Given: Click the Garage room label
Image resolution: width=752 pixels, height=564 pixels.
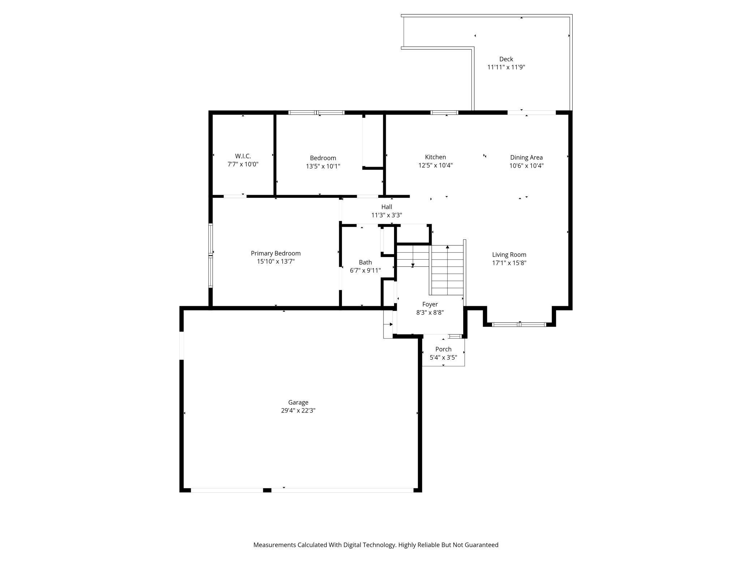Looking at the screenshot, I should [x=298, y=402].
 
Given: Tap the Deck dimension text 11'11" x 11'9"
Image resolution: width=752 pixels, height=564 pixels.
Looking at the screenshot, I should [x=506, y=67].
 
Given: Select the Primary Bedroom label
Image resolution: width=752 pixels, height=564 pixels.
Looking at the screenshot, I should [x=275, y=253].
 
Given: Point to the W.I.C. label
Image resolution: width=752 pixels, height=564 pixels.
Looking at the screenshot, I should [x=243, y=156].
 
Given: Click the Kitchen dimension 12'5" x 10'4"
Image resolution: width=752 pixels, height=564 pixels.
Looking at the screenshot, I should [x=435, y=166].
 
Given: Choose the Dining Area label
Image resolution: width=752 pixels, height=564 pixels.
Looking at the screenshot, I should [x=526, y=157].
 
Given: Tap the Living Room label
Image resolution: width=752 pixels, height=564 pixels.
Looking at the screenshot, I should [x=509, y=255].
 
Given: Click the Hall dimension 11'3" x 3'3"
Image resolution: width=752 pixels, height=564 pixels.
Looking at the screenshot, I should [x=386, y=215].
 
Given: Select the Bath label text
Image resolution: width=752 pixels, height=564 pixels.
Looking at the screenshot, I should [x=365, y=262].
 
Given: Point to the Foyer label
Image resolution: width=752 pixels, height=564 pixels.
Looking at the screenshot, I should [x=430, y=304].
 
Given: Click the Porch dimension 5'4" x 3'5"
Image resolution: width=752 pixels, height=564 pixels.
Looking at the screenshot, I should [x=443, y=358].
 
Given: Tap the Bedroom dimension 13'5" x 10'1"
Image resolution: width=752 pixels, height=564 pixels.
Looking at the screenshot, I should [x=322, y=166].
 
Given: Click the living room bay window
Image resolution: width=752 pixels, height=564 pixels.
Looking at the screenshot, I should [x=519, y=324].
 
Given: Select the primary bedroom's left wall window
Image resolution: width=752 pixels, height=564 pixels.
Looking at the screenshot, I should [x=210, y=255].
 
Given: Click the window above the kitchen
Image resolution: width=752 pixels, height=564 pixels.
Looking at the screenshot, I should [x=444, y=112].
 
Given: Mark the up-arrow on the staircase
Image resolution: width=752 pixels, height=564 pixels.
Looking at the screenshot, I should [x=447, y=247].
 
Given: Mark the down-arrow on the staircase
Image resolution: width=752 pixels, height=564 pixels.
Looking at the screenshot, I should [x=413, y=265].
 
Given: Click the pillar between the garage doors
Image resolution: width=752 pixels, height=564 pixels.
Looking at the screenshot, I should [x=267, y=490].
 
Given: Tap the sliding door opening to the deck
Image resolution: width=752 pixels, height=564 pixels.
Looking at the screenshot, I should [x=531, y=112].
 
